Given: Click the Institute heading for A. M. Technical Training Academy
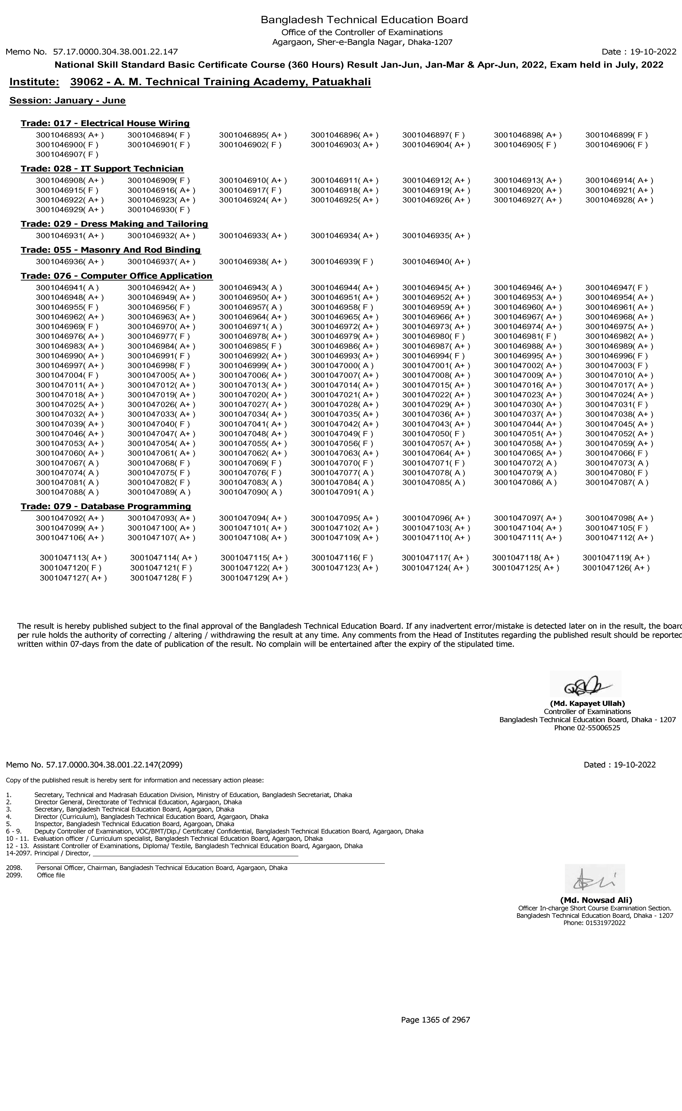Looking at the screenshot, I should pyautogui.click(x=190, y=82).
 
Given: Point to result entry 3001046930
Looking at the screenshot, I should pyautogui.click(x=159, y=210).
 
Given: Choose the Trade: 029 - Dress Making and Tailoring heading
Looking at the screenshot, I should pyautogui.click(x=114, y=224).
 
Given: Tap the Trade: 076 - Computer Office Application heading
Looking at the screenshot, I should pyautogui.click(x=116, y=276).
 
